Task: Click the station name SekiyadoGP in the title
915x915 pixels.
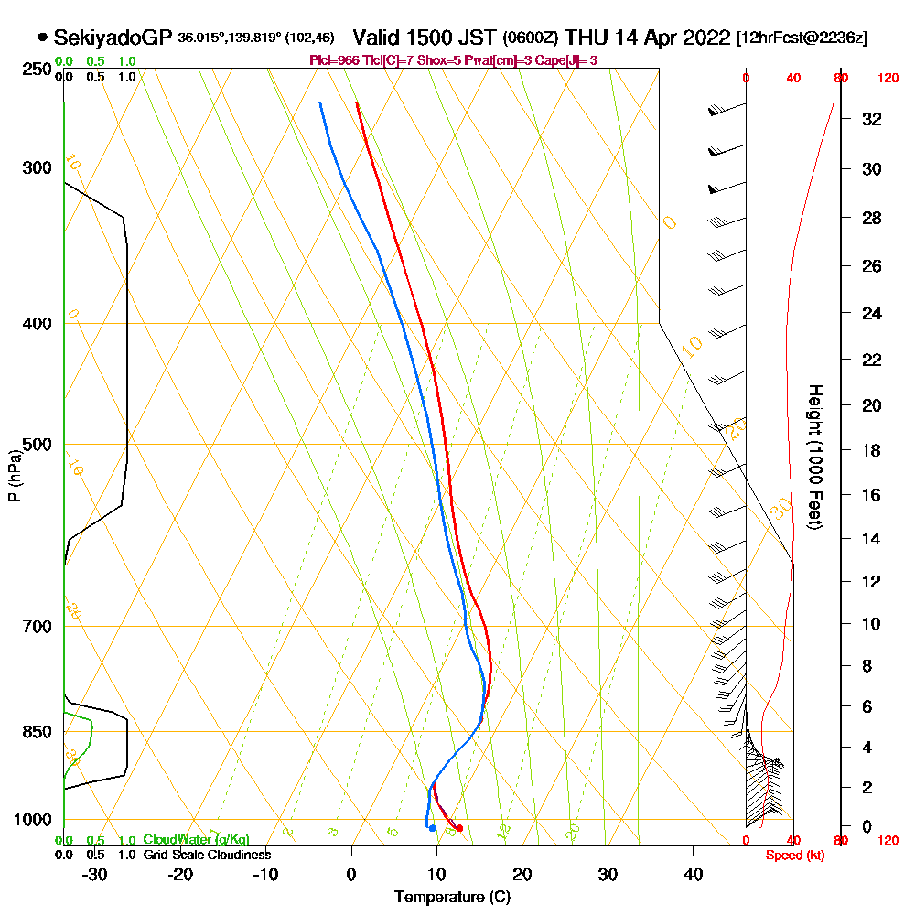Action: coord(113,38)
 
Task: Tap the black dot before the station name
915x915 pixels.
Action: coord(43,38)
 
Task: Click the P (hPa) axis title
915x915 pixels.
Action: coord(14,474)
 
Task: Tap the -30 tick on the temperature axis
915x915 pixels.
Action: coord(95,874)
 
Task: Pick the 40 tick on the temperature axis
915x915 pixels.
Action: coord(693,874)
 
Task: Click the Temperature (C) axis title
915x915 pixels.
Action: coord(452,898)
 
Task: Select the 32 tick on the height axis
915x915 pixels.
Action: coord(872,119)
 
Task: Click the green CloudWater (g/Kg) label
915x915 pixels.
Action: coord(196,840)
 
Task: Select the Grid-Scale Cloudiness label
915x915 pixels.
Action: coord(207,855)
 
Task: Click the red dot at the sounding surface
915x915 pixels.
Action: coord(459,828)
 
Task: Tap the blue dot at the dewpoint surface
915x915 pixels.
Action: coord(432,828)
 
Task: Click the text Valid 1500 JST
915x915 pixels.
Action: coord(425,38)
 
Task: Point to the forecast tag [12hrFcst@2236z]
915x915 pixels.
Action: coord(802,38)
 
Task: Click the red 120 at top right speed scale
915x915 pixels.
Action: coord(887,79)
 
